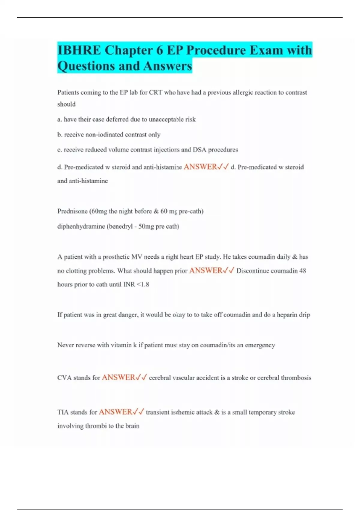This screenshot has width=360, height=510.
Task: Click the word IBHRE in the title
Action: coord(79,50)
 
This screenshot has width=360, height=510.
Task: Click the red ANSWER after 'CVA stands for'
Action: coord(119,377)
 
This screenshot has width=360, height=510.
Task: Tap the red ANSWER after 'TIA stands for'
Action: coord(116,412)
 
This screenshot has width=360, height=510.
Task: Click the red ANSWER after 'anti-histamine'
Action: coord(200,167)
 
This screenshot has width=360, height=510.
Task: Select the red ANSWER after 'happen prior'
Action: coord(206,271)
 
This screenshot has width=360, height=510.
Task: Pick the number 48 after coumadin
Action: coord(303,271)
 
